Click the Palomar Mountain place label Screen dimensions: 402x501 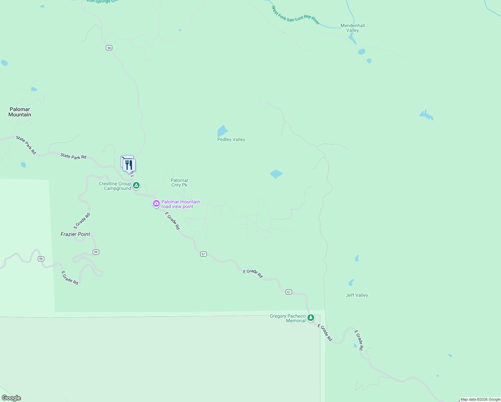(x=20, y=112)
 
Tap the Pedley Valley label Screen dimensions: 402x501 (x=231, y=139)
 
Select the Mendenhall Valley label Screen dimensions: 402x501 (x=353, y=28)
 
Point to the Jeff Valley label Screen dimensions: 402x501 (x=357, y=295)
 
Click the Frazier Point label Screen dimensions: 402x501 (x=75, y=234)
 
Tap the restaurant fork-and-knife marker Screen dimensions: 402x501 (x=129, y=165)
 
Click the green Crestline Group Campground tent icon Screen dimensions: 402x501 (x=136, y=185)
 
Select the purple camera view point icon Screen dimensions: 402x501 (x=156, y=203)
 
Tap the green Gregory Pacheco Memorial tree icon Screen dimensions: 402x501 (x=311, y=317)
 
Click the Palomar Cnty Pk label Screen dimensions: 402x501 (x=180, y=183)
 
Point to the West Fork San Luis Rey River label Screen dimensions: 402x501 (x=295, y=16)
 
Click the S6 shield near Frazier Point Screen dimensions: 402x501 (x=96, y=252)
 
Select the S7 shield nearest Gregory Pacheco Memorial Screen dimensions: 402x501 (x=289, y=292)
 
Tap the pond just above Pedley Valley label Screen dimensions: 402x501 (x=222, y=130)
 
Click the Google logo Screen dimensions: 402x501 (x=11, y=398)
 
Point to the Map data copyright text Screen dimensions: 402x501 (x=480, y=399)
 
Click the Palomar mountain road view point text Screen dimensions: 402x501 (x=181, y=204)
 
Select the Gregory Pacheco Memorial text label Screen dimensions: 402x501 (x=288, y=318)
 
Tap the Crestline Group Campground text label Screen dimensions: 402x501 (x=115, y=186)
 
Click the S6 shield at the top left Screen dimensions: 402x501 (x=109, y=48)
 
